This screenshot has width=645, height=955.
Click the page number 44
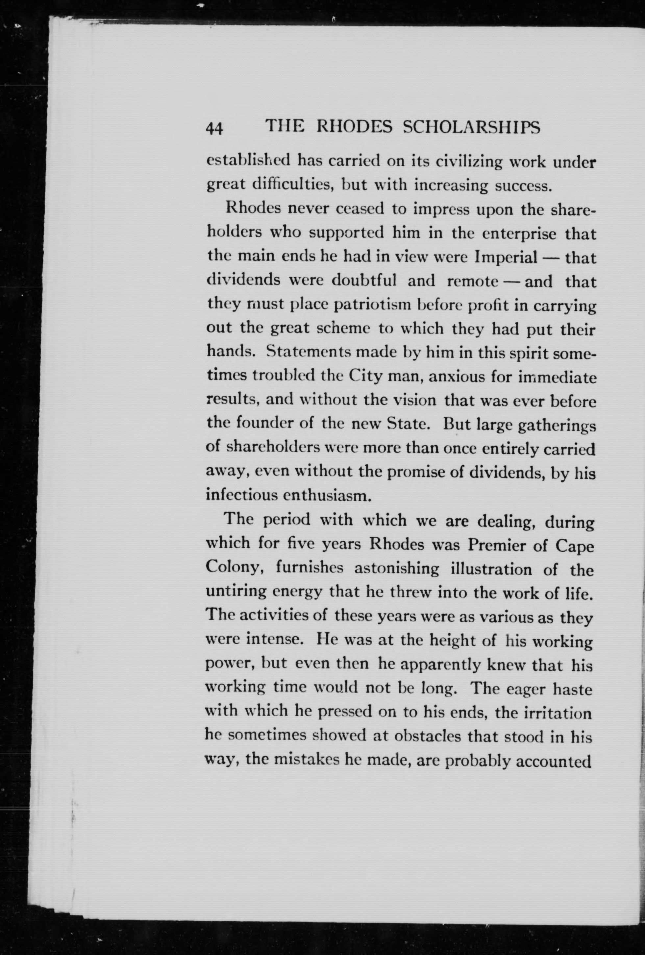(x=214, y=129)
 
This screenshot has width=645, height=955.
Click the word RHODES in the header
(x=354, y=127)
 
